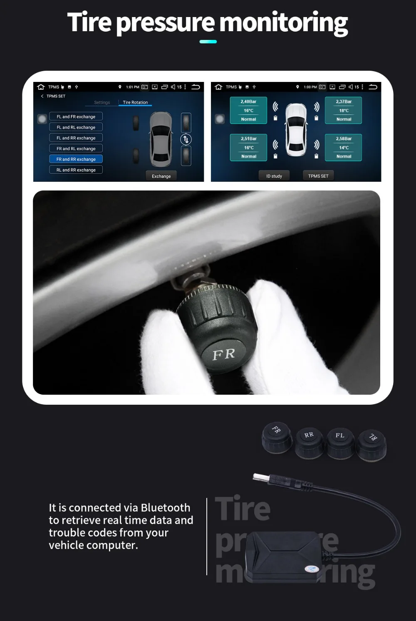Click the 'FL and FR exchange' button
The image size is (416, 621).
pyautogui.click(x=76, y=117)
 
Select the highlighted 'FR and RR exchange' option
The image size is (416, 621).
pyautogui.click(x=76, y=159)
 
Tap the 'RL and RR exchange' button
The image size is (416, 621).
pyautogui.click(x=76, y=170)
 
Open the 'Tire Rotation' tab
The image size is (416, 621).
pyautogui.click(x=135, y=102)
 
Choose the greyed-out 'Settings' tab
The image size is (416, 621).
pyautogui.click(x=102, y=102)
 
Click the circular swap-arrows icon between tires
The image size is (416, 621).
pyautogui.click(x=186, y=139)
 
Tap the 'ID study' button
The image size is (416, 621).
pyautogui.click(x=274, y=176)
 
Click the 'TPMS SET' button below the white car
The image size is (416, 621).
pyautogui.click(x=318, y=176)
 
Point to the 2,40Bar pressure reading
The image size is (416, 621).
pyautogui.click(x=248, y=101)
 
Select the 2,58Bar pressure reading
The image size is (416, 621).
pyautogui.click(x=344, y=139)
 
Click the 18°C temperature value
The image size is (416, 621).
pyautogui.click(x=344, y=111)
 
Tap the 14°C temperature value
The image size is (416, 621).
pyautogui.click(x=344, y=148)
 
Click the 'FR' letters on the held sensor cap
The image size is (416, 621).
pyautogui.click(x=224, y=354)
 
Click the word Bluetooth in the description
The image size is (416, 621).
pyautogui.click(x=165, y=508)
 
